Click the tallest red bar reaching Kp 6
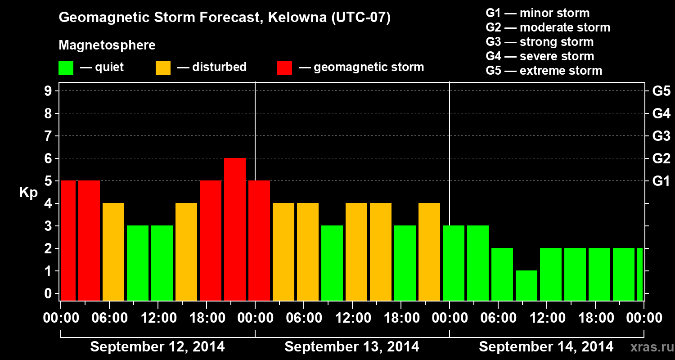[235, 229]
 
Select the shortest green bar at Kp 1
[526, 285]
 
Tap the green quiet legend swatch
[66, 67]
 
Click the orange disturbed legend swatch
[163, 67]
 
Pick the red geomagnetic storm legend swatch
[284, 67]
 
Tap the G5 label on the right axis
[661, 91]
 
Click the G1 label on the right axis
[661, 181]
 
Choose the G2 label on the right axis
[661, 158]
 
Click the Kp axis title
[28, 192]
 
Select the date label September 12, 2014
[157, 347]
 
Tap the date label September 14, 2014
[546, 347]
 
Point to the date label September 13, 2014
[352, 347]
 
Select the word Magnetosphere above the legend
[107, 45]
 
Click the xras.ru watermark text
[648, 347]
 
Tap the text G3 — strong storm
[540, 42]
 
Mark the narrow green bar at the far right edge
[640, 274]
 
